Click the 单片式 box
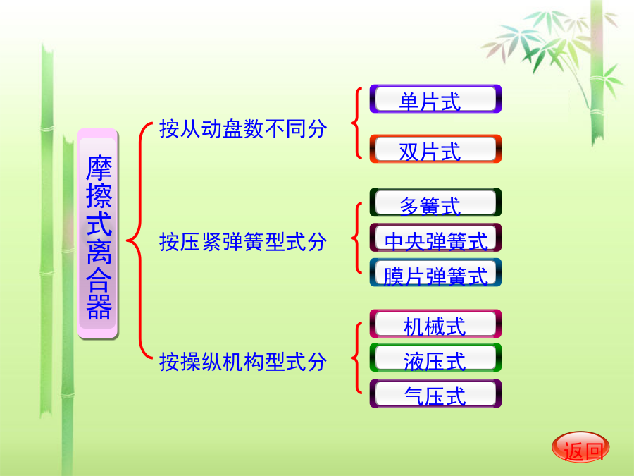coord(435,99)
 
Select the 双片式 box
coord(435,149)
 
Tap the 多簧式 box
coord(435,202)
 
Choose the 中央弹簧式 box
coord(435,237)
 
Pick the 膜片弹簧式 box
coord(435,272)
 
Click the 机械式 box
coord(435,324)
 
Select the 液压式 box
coord(435,358)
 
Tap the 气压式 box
coord(435,393)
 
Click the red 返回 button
coord(580,447)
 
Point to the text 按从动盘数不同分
coord(243,129)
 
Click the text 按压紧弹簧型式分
coord(243,242)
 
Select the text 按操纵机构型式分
coord(243,362)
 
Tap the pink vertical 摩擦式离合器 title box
coord(98,233)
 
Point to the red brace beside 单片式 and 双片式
coord(356,123)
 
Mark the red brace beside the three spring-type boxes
coord(356,238)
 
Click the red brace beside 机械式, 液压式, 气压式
coord(356,358)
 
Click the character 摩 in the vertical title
coord(99,168)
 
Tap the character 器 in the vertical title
coord(99,307)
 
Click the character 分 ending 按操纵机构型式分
coord(317,362)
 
